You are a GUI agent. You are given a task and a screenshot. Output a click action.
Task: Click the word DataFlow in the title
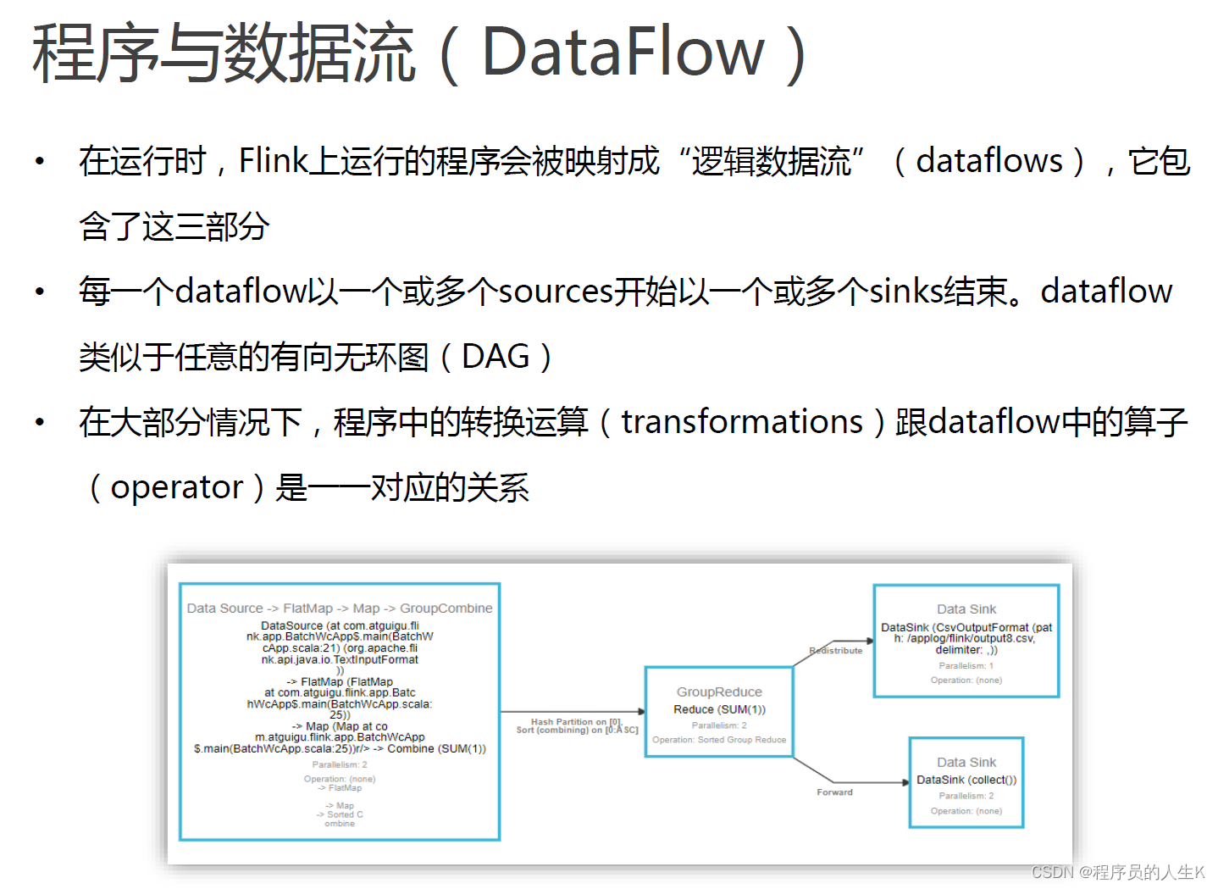(x=623, y=53)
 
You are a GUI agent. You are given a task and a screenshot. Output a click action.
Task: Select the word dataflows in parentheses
(x=988, y=160)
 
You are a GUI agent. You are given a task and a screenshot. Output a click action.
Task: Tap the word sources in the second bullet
(x=555, y=292)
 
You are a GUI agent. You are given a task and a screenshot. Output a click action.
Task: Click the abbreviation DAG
(x=496, y=357)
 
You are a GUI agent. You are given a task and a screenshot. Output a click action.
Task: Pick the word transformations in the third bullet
(x=742, y=422)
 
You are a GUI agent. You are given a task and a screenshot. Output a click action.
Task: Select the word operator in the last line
(x=177, y=487)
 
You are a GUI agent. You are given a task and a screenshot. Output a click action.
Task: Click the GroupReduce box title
(x=719, y=692)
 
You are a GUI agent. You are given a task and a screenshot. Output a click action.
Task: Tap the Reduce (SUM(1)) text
(x=719, y=709)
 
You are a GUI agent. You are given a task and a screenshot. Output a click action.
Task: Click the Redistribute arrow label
(x=835, y=651)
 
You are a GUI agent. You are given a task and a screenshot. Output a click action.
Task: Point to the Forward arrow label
(x=834, y=792)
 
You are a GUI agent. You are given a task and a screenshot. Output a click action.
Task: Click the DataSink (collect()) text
(x=966, y=780)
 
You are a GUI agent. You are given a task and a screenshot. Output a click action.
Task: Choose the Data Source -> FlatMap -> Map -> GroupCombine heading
(x=339, y=608)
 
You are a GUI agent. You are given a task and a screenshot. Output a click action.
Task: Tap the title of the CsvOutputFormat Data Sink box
(x=966, y=609)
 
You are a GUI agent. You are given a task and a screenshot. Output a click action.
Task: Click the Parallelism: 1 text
(x=966, y=666)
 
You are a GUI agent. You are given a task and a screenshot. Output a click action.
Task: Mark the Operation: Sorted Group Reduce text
(x=719, y=740)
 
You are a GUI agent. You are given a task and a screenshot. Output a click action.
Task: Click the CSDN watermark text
(x=1117, y=872)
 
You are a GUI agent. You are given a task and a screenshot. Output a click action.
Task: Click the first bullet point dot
(x=40, y=161)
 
